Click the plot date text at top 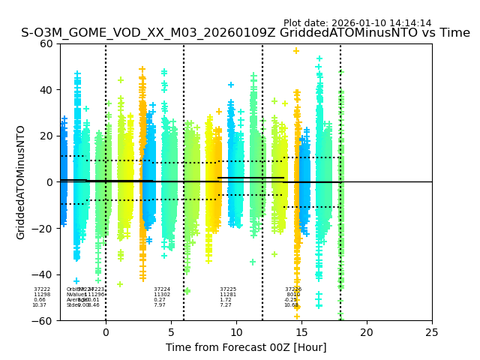tap(357, 23)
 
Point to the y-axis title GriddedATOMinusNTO tap(21, 182)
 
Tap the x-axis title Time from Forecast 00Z tap(246, 347)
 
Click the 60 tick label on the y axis tap(46, 43)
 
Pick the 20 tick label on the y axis tap(46, 136)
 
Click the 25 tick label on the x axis tap(432, 332)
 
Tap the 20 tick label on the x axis tap(367, 332)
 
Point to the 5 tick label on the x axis tap(171, 332)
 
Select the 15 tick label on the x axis tap(301, 332)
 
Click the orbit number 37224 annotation tap(162, 289)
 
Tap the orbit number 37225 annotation tap(228, 289)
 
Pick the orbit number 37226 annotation tap(293, 289)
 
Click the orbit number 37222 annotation tap(42, 289)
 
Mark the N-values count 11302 tap(162, 295)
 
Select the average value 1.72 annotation tap(226, 300)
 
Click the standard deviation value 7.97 tap(160, 305)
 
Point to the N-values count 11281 tap(228, 295)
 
